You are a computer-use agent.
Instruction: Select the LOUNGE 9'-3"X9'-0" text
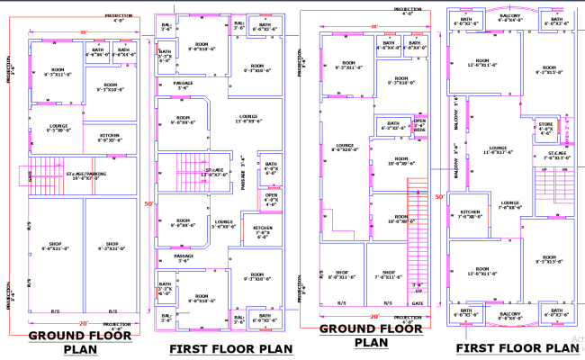58,128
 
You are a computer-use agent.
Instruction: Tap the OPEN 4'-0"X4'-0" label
272,200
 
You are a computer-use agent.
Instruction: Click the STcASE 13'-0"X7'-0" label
215,172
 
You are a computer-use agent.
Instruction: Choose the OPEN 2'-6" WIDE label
418,125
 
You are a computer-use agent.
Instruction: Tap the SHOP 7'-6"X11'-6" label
390,274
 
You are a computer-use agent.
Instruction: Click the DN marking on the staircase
564,168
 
